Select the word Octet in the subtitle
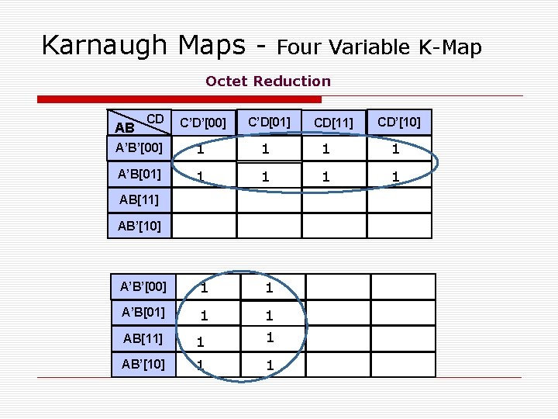pos(226,81)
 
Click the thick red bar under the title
pos(180,99)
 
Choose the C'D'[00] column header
pos(203,123)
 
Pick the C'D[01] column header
pos(269,123)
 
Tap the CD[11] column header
pos(334,123)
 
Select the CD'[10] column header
pos(399,123)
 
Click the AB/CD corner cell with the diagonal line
pos(139,123)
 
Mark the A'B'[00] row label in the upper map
pos(139,147)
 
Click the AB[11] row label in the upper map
pos(139,199)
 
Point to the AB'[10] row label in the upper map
pos(139,226)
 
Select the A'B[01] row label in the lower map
pos(143,312)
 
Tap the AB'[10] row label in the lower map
pos(143,363)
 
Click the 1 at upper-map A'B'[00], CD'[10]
pos(395,149)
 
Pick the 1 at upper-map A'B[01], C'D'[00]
pos(201,176)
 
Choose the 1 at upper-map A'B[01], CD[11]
pos(326,177)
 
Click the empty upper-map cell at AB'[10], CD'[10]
pos(398,226)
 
